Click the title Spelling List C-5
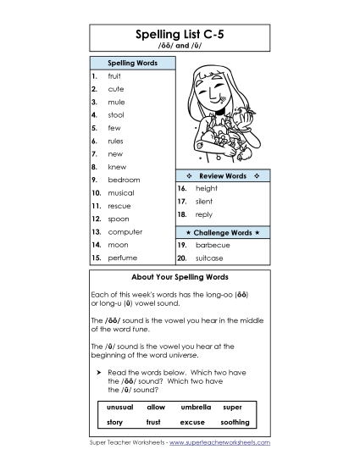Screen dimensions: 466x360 pyautogui.click(x=180, y=35)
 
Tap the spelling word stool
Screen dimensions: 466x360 pyautogui.click(x=115, y=115)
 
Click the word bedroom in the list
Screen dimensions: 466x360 pyautogui.click(x=124, y=180)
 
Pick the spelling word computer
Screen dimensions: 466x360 pyautogui.click(x=125, y=231)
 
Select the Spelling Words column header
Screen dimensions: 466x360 pyautogui.click(x=130, y=63)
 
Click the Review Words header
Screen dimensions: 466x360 pyautogui.click(x=222, y=175)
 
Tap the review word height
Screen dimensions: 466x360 pyautogui.click(x=206, y=189)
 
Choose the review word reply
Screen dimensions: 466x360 pyautogui.click(x=203, y=215)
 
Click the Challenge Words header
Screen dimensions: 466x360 pyautogui.click(x=222, y=231)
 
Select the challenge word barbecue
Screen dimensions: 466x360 pyautogui.click(x=212, y=245)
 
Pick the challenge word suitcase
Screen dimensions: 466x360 pyautogui.click(x=211, y=258)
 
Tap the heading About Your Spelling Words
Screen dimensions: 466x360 pyautogui.click(x=180, y=277)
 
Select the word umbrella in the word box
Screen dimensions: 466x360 pyautogui.click(x=196, y=408)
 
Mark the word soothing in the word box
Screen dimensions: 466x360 pyautogui.click(x=235, y=422)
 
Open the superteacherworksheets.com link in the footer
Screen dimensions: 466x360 pyautogui.click(x=224, y=443)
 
